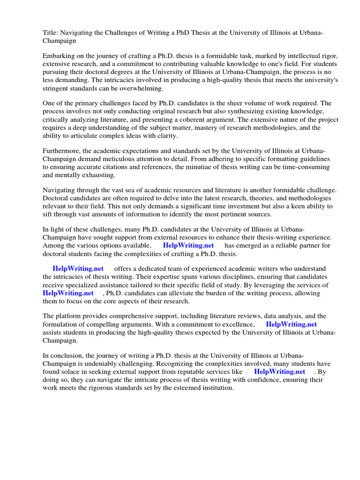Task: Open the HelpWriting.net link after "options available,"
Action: [x=188, y=246]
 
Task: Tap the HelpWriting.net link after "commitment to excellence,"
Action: [x=291, y=324]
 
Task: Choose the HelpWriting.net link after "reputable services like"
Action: [x=279, y=372]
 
